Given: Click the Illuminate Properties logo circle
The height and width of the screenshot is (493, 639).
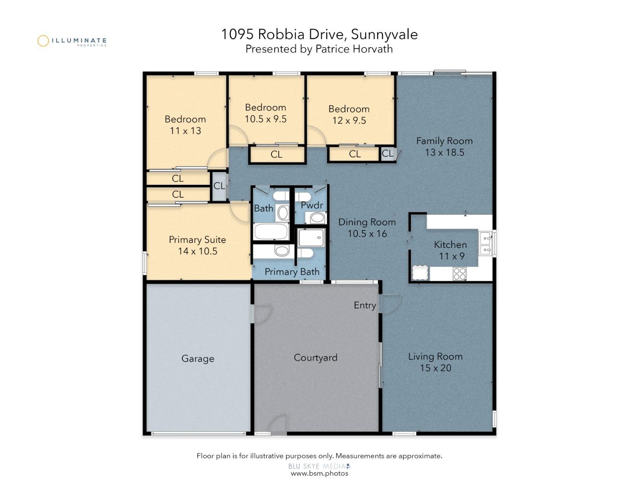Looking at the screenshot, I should [x=43, y=41].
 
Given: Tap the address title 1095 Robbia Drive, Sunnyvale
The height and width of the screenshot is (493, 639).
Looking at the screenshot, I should [x=319, y=34].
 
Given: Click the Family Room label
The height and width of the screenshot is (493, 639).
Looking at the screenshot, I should [x=444, y=141].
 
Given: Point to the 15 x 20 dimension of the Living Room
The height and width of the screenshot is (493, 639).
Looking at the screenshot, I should [x=435, y=368].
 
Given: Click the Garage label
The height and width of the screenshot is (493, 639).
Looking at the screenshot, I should [x=197, y=359].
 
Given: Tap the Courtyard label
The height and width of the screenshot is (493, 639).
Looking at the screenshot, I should [x=315, y=358].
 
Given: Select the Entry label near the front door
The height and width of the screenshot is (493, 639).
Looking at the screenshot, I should [x=364, y=305].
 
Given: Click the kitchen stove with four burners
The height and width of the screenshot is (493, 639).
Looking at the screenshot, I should [x=459, y=273].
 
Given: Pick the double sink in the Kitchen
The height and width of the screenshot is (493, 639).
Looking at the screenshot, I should [x=485, y=243].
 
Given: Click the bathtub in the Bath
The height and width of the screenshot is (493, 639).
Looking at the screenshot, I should [x=271, y=231].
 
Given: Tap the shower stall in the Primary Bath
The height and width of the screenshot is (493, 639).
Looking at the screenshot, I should [x=311, y=238].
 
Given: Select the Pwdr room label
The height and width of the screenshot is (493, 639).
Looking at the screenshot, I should [x=312, y=205].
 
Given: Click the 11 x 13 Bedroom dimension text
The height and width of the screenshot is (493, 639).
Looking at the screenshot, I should [x=185, y=131].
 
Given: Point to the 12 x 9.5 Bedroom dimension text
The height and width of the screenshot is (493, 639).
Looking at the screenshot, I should [x=349, y=121].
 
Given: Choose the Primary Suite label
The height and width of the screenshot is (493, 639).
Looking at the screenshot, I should [x=197, y=240].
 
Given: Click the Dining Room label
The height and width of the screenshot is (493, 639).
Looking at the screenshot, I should [x=367, y=222].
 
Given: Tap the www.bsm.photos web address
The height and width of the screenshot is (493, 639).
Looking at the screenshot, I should [x=319, y=473].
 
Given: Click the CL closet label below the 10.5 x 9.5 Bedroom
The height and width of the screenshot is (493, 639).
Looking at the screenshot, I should [x=276, y=155].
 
